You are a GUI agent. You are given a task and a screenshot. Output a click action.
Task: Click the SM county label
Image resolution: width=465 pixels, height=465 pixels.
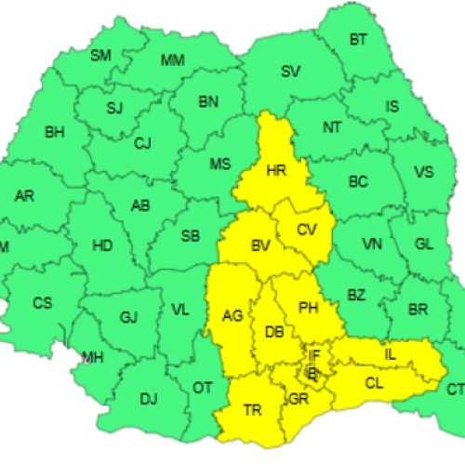(100, 56)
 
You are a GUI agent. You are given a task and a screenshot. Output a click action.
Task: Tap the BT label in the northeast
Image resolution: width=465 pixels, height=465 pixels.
(358, 40)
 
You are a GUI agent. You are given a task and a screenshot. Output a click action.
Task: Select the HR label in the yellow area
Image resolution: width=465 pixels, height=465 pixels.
(275, 172)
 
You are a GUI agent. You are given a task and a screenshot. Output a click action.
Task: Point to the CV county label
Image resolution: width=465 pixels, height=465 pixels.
(307, 230)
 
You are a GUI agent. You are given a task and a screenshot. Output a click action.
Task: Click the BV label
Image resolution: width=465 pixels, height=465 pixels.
(259, 246)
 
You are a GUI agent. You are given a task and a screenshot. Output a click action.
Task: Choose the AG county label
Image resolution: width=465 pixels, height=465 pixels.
(232, 315)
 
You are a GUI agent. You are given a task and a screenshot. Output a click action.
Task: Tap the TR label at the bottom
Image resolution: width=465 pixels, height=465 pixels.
(252, 409)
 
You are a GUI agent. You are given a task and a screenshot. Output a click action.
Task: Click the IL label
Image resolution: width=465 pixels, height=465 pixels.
(391, 354)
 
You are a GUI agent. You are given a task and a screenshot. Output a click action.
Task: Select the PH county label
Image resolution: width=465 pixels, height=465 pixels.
(308, 306)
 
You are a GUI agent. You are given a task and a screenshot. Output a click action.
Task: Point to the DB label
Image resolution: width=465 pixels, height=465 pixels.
(273, 332)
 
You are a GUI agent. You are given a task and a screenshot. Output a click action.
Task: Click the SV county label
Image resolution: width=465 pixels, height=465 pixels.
(290, 72)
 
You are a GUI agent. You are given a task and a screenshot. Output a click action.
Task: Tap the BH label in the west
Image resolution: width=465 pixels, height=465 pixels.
(55, 131)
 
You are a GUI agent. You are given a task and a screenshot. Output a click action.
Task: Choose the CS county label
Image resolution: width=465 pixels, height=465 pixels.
(43, 303)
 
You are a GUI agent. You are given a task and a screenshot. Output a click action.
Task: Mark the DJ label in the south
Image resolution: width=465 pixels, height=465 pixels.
(149, 400)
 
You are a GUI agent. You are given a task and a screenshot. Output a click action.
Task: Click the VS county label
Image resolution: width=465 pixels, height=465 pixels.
(424, 172)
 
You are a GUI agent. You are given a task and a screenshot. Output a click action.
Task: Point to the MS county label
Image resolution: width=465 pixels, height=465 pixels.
(219, 165)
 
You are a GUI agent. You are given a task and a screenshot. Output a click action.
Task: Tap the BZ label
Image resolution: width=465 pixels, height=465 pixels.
(356, 295)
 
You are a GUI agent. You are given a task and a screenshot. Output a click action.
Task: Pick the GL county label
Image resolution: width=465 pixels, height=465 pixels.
(424, 244)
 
